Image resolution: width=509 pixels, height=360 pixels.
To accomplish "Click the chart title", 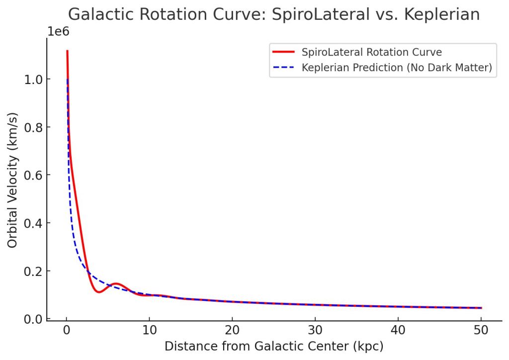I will click(274, 14).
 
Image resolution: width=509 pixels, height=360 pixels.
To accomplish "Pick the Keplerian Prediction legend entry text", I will click(397, 68).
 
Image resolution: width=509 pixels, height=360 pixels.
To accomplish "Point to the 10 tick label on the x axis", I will click(149, 331).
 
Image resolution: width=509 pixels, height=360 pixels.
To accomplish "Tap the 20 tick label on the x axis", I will click(232, 331).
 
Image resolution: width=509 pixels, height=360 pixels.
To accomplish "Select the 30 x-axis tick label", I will click(315, 331).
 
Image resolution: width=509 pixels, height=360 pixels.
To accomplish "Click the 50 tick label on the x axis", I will click(481, 331).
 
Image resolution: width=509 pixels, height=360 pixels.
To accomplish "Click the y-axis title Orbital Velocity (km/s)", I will click(12, 185).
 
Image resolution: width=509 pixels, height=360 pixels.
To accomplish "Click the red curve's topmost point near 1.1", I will click(67, 51).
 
